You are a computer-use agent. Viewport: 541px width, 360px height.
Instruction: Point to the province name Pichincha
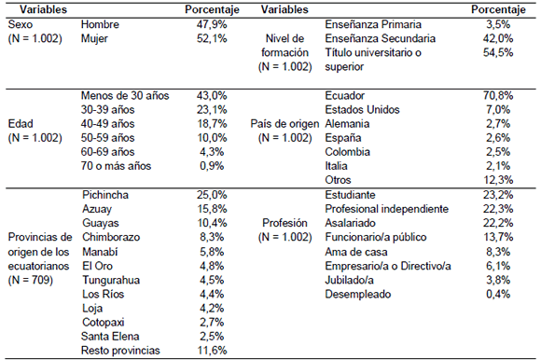pos(104,194)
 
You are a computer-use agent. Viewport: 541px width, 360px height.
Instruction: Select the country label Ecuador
pos(346,95)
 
